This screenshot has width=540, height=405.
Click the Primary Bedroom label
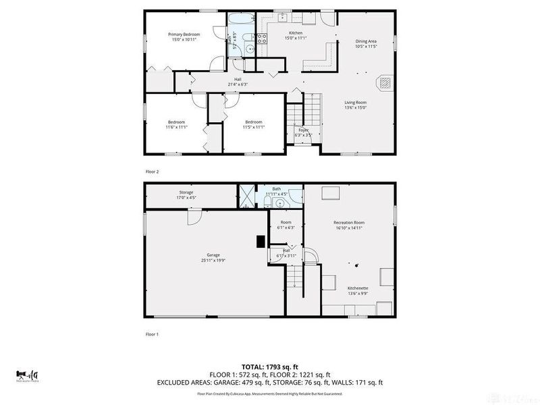coord(184,34)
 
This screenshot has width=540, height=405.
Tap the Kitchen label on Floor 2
coord(296,33)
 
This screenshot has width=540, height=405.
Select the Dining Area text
coord(366,42)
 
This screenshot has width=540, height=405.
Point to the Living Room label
coord(355,103)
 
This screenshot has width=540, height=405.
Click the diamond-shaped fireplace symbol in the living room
coord(384,82)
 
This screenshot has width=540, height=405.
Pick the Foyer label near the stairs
coord(303,130)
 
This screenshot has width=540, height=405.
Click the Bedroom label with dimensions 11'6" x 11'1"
coord(175,122)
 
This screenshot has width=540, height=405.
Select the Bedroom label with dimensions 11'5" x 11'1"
coord(254,122)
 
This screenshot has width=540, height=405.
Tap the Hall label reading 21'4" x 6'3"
coord(238,80)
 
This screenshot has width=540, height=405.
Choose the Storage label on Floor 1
coord(186,192)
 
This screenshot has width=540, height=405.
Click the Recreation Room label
coord(348,223)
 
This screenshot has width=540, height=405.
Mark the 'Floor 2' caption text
coord(152,171)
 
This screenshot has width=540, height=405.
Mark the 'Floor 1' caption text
coord(152,333)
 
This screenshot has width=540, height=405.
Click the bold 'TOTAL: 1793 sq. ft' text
coord(269,367)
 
